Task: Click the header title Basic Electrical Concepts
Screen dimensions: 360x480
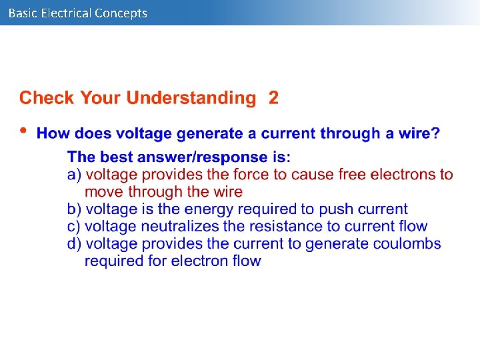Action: (x=78, y=13)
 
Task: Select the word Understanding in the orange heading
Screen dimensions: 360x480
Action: (x=191, y=99)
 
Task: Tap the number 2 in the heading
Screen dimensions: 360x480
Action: (x=273, y=99)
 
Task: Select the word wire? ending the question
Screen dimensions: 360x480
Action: (x=421, y=134)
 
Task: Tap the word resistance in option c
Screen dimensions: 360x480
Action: (x=284, y=227)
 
